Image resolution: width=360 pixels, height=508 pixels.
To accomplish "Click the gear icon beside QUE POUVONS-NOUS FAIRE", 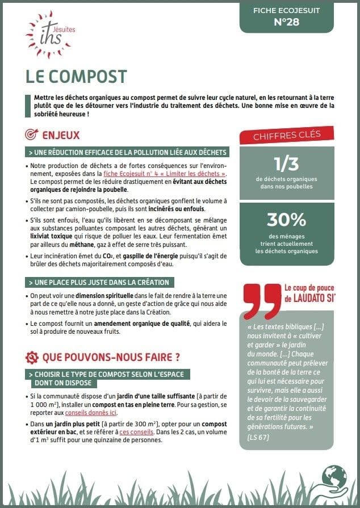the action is (x=32, y=358).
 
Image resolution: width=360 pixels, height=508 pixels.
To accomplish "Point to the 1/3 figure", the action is (x=286, y=164).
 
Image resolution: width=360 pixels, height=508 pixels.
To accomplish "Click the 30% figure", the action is (x=286, y=220).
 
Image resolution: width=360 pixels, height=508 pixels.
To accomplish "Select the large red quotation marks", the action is (x=260, y=301).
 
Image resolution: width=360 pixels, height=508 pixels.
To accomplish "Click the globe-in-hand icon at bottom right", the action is (x=334, y=480).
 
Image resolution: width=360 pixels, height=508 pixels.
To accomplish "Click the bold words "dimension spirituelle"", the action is (x=90, y=295).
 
